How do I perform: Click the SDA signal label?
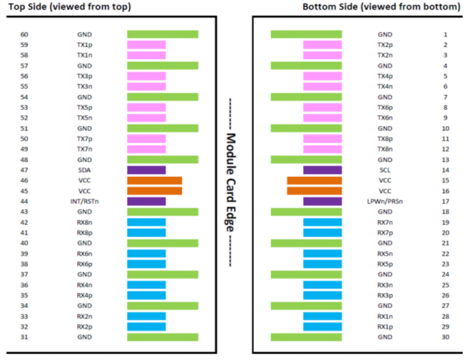(x=84, y=170)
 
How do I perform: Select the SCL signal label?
(x=384, y=170)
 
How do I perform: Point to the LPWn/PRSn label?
(x=384, y=201)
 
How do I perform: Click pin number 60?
(x=24, y=35)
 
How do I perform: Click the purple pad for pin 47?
(x=147, y=170)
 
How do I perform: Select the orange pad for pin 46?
(x=155, y=181)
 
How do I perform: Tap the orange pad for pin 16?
(x=314, y=191)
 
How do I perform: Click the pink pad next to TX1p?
(x=147, y=45)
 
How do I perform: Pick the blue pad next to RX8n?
(x=147, y=222)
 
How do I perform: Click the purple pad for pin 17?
(x=322, y=201)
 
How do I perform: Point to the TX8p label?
(x=384, y=139)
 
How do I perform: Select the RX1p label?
(x=384, y=327)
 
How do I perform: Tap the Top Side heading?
(x=69, y=7)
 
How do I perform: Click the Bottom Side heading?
(x=382, y=7)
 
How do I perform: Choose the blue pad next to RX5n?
(x=322, y=253)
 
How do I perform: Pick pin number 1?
(x=445, y=35)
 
